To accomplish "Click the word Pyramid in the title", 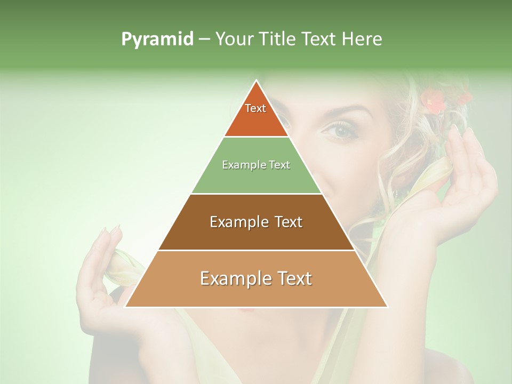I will [x=157, y=39].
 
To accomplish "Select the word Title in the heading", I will [x=279, y=39].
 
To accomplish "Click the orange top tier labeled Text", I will [x=255, y=115].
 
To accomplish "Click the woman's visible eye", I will [x=340, y=131].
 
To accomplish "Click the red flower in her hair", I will [x=435, y=101].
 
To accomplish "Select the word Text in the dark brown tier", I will [x=285, y=222].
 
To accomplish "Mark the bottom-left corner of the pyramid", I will [x=125, y=307].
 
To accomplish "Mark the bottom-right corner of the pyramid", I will [x=388, y=307].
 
